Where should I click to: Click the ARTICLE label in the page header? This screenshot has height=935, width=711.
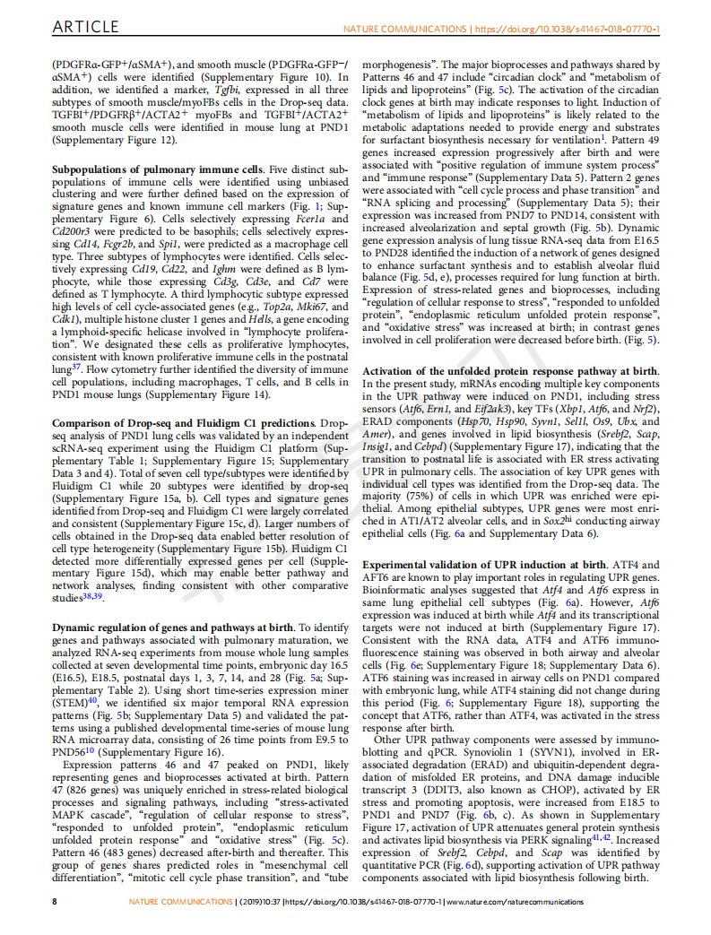86,29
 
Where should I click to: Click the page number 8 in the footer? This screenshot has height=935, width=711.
55,900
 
